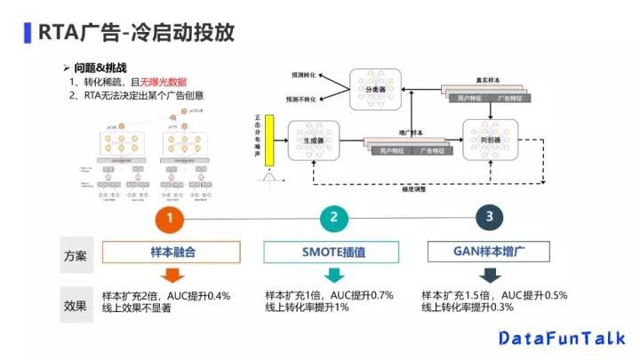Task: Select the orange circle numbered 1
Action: (x=171, y=217)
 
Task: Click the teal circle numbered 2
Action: (x=333, y=217)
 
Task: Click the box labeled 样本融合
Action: (x=172, y=252)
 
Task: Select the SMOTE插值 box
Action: (x=332, y=252)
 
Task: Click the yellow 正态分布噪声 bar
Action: (x=268, y=140)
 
